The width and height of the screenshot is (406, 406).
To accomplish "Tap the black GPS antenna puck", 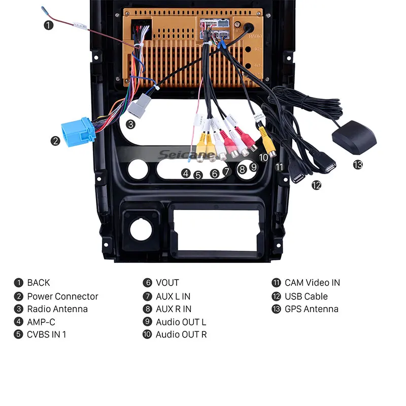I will click(355, 138).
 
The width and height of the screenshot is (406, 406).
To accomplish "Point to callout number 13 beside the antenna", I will click(358, 164).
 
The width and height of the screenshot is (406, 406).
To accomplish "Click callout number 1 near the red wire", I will click(49, 24).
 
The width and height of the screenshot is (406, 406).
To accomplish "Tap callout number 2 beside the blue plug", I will click(56, 141).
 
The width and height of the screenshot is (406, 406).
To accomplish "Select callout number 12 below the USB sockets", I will click(316, 185).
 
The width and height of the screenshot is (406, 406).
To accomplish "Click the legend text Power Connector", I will click(62, 296).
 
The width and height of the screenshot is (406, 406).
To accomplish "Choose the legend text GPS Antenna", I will click(311, 309).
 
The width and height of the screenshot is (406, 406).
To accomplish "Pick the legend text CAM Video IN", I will click(312, 283).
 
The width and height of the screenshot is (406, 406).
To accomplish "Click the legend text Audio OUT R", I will click(181, 334).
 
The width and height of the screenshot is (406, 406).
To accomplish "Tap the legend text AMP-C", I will click(41, 322).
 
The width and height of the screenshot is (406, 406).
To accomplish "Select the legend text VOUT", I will click(167, 283).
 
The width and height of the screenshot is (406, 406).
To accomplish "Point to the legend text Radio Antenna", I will click(57, 309).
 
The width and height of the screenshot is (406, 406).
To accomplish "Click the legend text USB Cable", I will click(306, 296).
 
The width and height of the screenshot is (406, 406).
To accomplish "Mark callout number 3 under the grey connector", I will click(131, 124).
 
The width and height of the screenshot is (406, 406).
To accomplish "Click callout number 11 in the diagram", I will click(279, 166).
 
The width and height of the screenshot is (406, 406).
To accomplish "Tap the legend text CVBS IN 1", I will click(47, 334).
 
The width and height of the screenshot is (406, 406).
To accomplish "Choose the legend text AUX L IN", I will click(173, 296).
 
